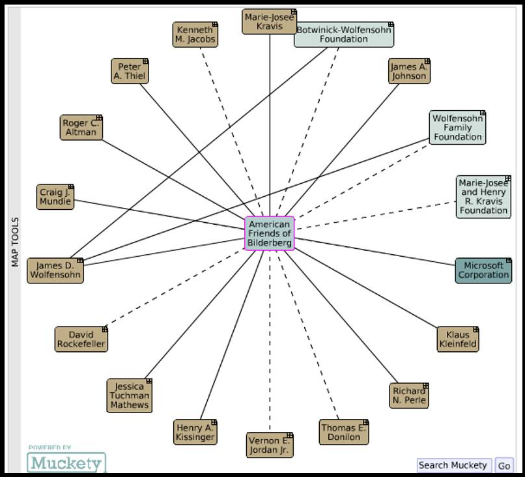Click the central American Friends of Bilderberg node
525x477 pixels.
click(x=270, y=233)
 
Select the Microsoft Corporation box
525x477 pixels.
click(x=483, y=270)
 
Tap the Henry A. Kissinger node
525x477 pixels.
click(x=195, y=432)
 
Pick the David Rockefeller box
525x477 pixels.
click(x=81, y=340)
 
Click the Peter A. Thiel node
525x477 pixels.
click(x=130, y=71)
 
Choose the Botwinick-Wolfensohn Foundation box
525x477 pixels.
click(x=343, y=35)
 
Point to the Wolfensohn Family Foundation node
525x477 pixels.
click(x=457, y=128)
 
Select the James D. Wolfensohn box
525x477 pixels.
click(x=55, y=270)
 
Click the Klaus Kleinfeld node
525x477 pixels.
click(x=457, y=340)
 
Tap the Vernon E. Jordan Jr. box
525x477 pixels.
click(x=270, y=446)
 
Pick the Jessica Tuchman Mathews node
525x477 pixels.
click(x=129, y=396)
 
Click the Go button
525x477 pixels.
click(x=504, y=465)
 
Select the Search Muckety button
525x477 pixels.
click(x=453, y=465)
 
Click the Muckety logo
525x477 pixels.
click(x=66, y=463)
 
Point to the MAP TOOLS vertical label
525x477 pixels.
click(x=14, y=241)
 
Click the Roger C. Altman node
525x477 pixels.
click(x=81, y=127)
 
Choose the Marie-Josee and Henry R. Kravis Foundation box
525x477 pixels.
click(x=483, y=197)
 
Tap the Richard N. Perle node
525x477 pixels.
click(x=409, y=396)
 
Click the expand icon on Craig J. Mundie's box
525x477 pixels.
click(x=71, y=187)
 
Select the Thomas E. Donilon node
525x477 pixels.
click(x=343, y=432)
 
